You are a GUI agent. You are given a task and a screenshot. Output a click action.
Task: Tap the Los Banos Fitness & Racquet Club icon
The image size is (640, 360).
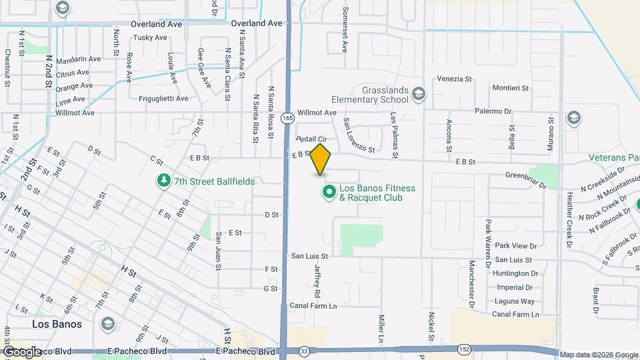pos(329,193)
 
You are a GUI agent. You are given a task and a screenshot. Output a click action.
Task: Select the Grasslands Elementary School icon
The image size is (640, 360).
pos(418,93)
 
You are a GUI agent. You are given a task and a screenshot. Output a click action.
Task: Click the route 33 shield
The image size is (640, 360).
pos(305,351)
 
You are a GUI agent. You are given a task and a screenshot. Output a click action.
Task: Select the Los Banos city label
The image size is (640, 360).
pos(57,324)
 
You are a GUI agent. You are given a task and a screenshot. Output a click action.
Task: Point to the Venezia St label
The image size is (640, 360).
pos(454,79)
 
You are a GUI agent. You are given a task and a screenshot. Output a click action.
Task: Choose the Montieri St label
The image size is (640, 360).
pos(510,88)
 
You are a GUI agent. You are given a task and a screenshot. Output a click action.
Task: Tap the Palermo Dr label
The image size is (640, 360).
pos(493,111)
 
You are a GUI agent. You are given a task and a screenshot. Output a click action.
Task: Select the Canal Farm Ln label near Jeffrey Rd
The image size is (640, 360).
pos(313,305)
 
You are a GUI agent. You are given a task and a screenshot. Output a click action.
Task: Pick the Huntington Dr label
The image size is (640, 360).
pos(516,273)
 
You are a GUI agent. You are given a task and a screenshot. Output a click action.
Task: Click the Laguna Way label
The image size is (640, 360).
pos(515,301)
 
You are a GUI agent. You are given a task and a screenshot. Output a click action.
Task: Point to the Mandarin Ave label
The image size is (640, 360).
pos(78,59)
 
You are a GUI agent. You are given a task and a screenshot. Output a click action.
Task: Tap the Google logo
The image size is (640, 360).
pos(22,351)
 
